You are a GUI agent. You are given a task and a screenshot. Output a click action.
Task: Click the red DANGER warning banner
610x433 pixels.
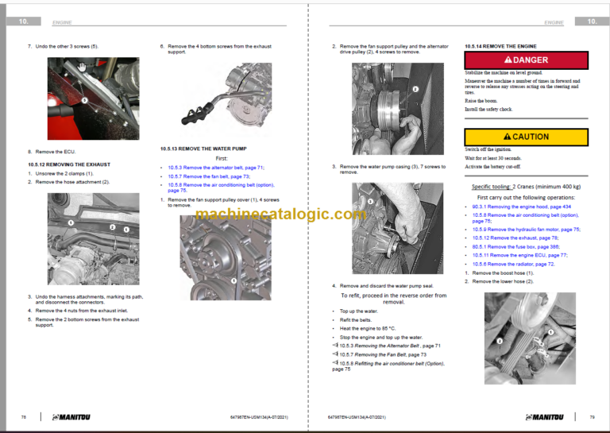(526, 60)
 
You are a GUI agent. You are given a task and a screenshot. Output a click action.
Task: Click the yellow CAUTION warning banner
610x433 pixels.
(526, 137)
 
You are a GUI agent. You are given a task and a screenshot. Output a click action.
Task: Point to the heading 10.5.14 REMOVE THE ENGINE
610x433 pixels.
(500, 46)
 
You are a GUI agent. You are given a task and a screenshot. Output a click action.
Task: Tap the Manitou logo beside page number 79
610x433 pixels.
(545, 416)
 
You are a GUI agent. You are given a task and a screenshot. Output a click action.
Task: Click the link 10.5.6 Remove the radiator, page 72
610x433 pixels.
(510, 264)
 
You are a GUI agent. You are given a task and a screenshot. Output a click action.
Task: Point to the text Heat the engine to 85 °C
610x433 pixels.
(367, 328)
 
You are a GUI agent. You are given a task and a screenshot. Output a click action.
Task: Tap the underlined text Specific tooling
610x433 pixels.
(491, 187)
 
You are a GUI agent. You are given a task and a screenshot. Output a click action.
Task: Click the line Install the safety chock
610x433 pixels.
(488, 109)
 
